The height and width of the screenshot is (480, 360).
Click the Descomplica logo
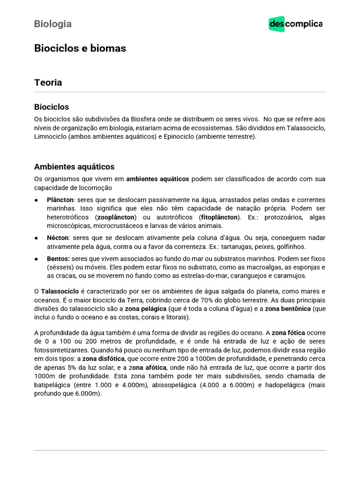[x=295, y=24]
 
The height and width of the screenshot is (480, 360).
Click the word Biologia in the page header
[x=52, y=24]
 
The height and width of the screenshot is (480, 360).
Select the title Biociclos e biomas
[x=80, y=48]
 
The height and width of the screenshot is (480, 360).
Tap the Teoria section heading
[x=48, y=82]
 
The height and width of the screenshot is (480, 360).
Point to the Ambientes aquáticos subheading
[x=74, y=166]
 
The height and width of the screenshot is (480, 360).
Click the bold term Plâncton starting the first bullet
[x=60, y=200]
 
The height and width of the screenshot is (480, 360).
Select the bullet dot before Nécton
[x=37, y=238]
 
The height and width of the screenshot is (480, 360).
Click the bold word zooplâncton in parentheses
[x=116, y=217]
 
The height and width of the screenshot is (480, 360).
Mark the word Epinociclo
[x=176, y=136]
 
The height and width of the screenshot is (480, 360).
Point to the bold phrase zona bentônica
[x=288, y=309]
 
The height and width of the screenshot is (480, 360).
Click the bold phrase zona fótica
[x=288, y=332]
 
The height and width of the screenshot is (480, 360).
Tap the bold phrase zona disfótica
[x=103, y=359]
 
